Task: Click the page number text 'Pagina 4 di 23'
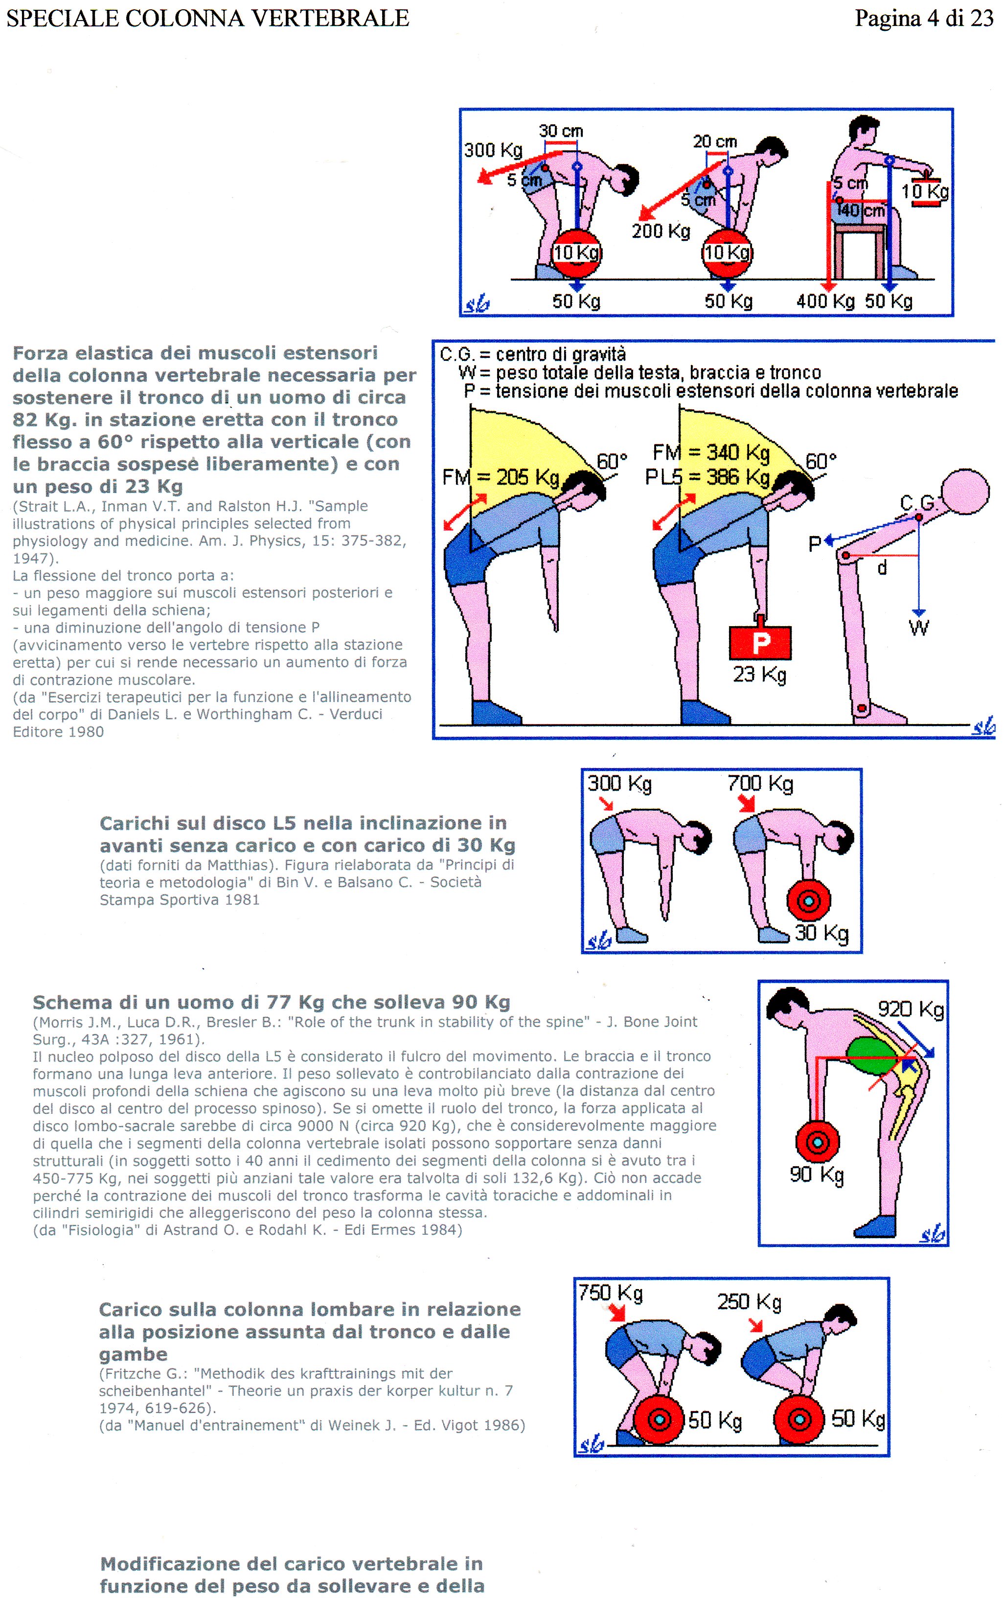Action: pos(924,18)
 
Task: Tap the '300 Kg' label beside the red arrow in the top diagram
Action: pos(493,150)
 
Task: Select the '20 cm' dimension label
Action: pos(715,141)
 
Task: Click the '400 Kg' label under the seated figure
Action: pos(825,301)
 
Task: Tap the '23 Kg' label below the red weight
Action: pos(759,675)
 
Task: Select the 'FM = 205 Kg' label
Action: pos(501,477)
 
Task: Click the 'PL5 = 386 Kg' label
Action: pos(707,476)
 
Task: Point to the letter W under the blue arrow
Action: pos(918,627)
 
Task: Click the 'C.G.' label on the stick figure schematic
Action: pos(917,504)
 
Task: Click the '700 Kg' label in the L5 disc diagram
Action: pos(761,784)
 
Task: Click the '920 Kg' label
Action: pos(911,1010)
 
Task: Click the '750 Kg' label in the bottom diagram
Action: pos(610,1292)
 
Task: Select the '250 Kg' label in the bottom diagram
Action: pos(750,1302)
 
